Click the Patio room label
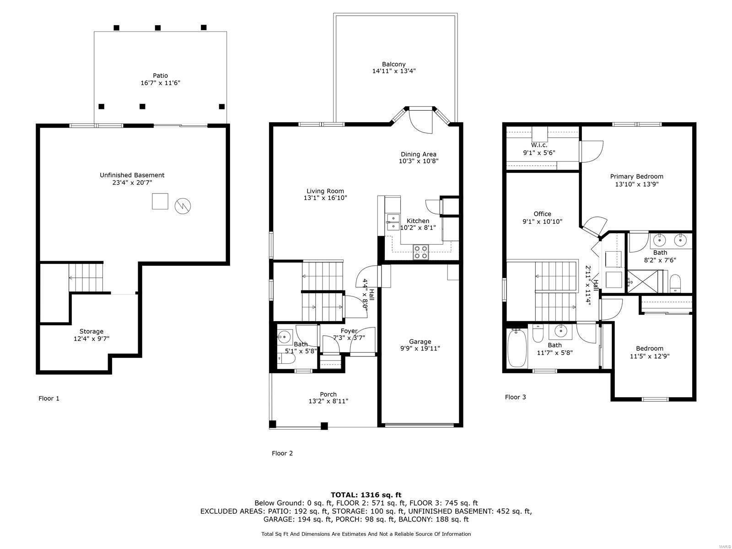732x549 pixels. coord(160,75)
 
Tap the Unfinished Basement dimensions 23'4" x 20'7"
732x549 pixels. coord(133,183)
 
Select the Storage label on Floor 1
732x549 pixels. coord(91,331)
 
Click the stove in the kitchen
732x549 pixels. coord(421,252)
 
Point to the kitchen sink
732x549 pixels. coord(393,222)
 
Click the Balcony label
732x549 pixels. coord(393,64)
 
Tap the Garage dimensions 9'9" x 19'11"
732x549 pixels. coord(420,349)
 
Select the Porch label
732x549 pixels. coord(328,394)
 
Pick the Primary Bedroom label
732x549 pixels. coord(636,176)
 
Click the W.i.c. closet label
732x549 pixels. coord(539,145)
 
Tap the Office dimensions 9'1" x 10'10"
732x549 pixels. coord(542,221)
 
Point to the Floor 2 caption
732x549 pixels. coord(282,453)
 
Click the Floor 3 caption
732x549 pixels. coord(515,397)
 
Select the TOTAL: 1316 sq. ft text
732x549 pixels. coord(366,495)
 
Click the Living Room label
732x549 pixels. coord(325,191)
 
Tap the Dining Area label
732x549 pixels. coord(418,154)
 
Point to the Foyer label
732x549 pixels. coord(349,331)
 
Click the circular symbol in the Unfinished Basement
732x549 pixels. coord(183,206)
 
